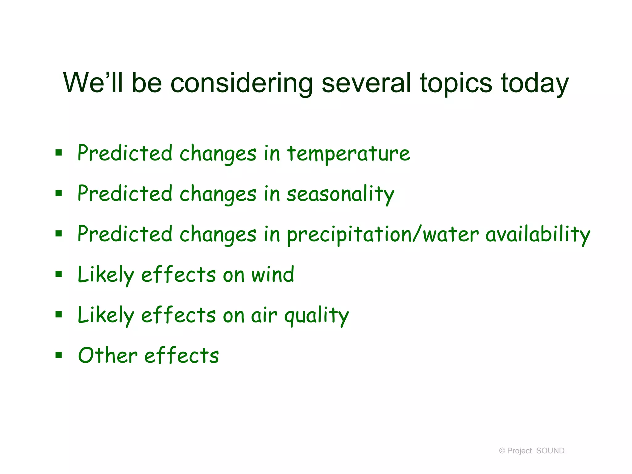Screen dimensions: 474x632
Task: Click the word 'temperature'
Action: coord(348,154)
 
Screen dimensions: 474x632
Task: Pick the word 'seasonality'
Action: coord(340,194)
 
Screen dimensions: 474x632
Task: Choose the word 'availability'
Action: coord(538,235)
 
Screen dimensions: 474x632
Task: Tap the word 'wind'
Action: coord(272,275)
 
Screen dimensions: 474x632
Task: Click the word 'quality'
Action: coord(316,315)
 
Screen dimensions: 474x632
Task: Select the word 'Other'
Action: coord(108,355)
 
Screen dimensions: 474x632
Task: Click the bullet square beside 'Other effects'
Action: coord(59,355)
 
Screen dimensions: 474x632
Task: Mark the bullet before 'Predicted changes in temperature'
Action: coord(59,152)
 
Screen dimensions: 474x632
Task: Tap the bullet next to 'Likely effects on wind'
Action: coord(59,274)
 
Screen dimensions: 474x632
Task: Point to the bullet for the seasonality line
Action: coord(59,193)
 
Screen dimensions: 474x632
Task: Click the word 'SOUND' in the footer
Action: coord(550,451)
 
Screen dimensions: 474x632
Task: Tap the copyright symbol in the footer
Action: coord(502,451)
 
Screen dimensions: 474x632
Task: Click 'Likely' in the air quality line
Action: coord(106,315)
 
